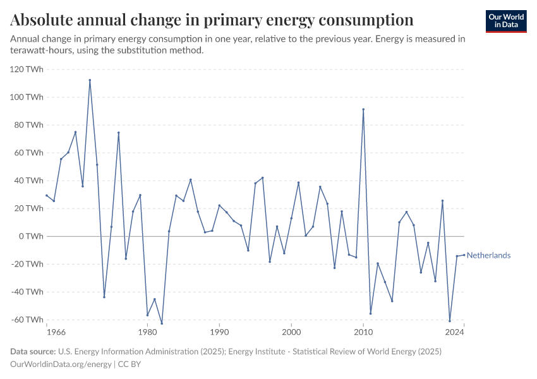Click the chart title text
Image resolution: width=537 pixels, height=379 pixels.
click(212, 20)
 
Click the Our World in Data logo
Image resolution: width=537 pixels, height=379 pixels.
click(506, 21)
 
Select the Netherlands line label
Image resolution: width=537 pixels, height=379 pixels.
click(488, 256)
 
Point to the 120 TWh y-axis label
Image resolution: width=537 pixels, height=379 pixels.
click(27, 69)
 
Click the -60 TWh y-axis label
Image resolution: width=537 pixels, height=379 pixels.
click(27, 320)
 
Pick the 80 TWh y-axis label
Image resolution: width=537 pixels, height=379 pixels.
click(28, 125)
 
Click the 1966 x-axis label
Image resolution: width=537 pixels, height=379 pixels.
click(56, 332)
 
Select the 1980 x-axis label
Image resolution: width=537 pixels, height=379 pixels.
click(147, 332)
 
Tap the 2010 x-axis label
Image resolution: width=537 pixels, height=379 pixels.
click(363, 332)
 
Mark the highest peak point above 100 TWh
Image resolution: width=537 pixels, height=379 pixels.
click(90, 80)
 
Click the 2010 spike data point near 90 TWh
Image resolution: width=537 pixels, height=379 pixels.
click(363, 109)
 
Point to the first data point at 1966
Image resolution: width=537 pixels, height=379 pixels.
click(47, 195)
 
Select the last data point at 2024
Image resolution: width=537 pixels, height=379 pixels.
click(464, 255)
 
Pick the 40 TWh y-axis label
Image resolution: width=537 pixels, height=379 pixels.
click(28, 181)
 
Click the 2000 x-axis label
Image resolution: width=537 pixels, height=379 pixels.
click(291, 332)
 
